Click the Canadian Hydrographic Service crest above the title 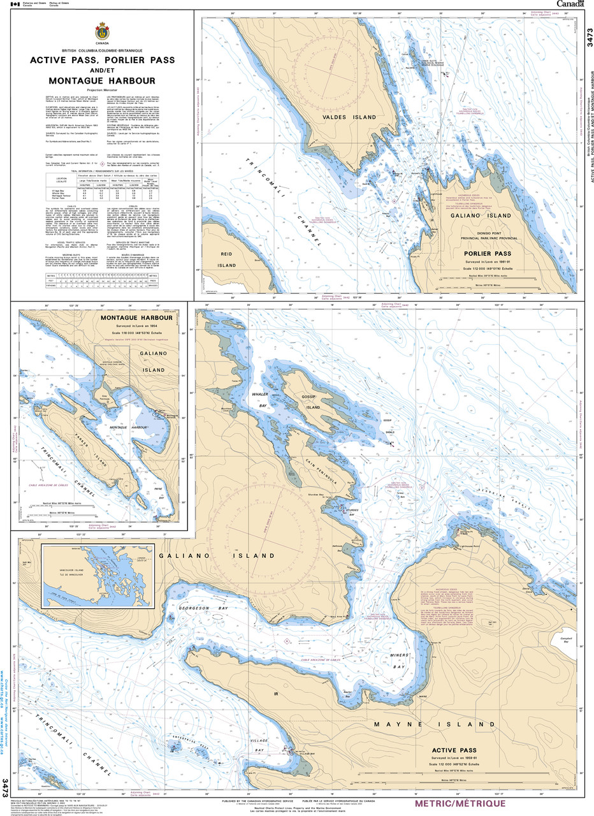tap(102, 31)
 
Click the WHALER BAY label tap(259, 399)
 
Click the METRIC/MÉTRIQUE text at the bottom tap(460, 804)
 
